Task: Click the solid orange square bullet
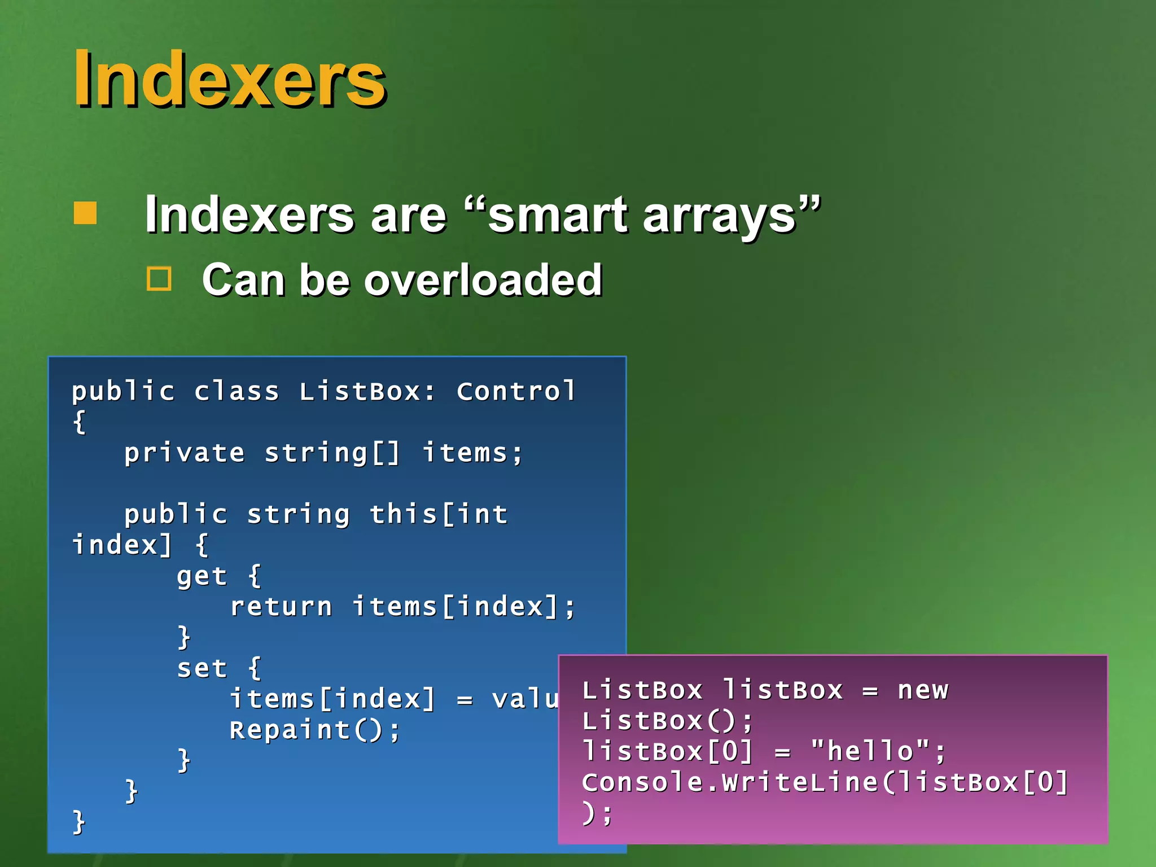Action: (85, 213)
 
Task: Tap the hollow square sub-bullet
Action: (159, 279)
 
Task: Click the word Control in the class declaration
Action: (516, 391)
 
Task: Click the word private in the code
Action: (184, 453)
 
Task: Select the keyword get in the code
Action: (202, 576)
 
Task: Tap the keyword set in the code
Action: (202, 669)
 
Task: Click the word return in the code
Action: (281, 607)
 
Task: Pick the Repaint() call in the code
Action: (314, 730)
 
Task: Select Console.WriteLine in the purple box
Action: (730, 782)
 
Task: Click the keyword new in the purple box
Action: (923, 690)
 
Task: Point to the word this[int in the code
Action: (439, 514)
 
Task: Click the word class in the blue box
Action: (237, 391)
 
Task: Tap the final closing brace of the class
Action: (79, 821)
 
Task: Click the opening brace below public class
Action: (80, 422)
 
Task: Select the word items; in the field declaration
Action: (473, 453)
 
